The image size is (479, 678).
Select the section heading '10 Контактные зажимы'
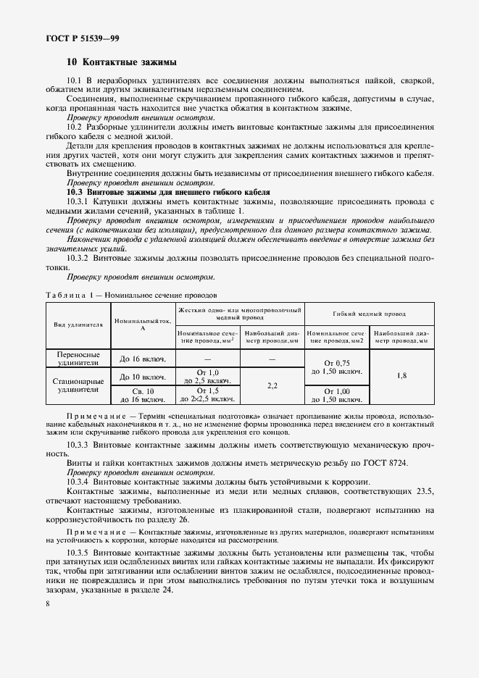tap(121, 62)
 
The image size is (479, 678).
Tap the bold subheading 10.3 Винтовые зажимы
tap(168, 192)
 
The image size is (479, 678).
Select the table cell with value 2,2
tap(272, 385)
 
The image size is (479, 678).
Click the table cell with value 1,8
tap(401, 376)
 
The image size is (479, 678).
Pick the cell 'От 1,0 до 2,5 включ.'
tap(207, 376)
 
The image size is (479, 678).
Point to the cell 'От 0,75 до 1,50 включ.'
tap(337, 367)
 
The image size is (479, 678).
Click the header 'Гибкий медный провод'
tap(369, 314)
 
